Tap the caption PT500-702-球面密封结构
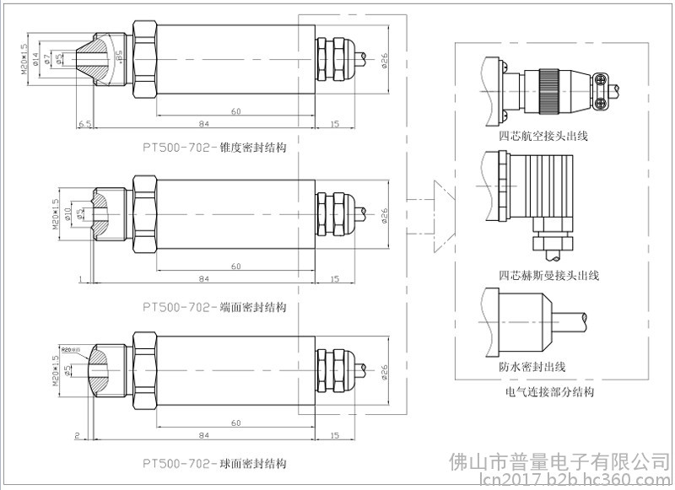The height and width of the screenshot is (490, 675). tap(214, 464)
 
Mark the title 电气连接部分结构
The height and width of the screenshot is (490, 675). tap(549, 391)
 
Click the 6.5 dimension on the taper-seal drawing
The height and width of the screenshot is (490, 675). tap(84, 123)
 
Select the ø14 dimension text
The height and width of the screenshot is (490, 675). tap(36, 57)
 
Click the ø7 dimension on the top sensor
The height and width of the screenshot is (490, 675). tap(47, 57)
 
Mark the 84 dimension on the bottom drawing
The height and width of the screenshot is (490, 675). tap(203, 435)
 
